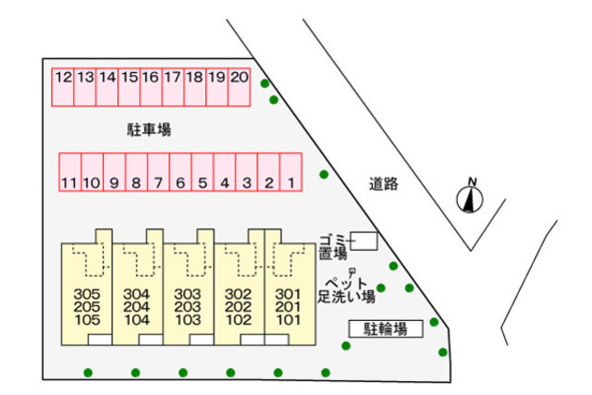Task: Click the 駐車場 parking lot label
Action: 149,130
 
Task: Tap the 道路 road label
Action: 383,183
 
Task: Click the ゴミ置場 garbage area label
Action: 332,245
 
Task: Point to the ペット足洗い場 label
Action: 346,290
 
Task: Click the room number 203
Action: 187,307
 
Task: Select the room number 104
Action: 136,320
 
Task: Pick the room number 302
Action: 239,294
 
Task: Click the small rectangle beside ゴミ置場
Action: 364,241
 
